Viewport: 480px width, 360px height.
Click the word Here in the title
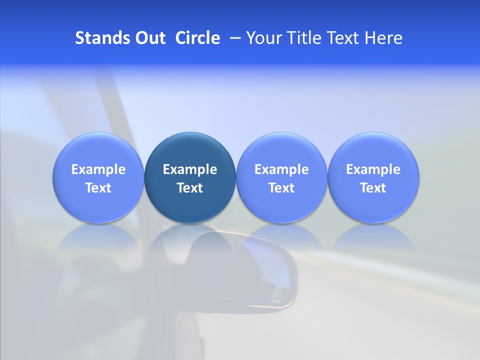383,38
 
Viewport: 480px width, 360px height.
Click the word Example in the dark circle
190,169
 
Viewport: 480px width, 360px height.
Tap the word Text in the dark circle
190,188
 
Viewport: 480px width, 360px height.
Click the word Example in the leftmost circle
98,169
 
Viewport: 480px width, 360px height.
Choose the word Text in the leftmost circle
98,188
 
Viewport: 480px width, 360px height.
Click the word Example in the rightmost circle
373,169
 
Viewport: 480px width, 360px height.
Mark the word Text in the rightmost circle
373,188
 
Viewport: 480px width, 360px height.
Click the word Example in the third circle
281,169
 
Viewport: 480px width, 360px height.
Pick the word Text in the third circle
281,188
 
